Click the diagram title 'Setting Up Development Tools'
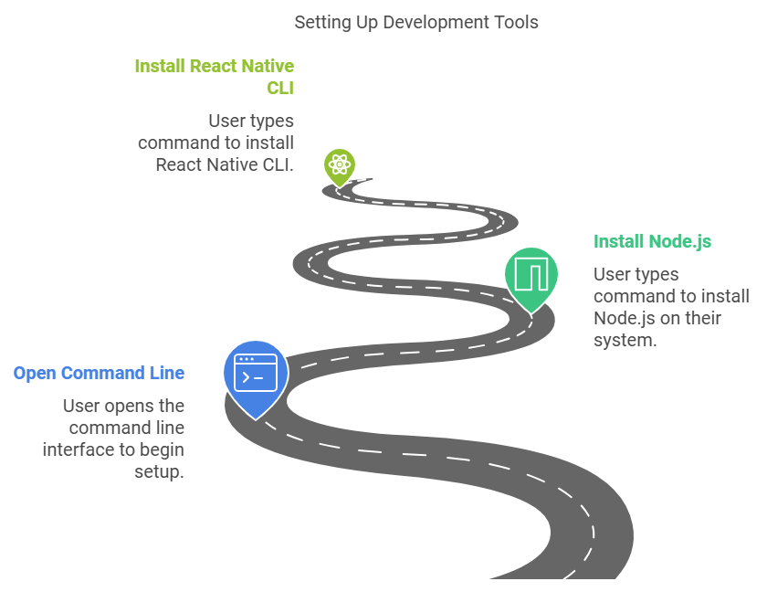pos(415,22)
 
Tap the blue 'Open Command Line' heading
pos(99,373)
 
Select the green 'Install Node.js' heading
pos(652,241)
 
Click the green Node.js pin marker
pos(531,276)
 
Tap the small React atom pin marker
pos(339,167)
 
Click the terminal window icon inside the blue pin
pos(256,373)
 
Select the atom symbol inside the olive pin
pos(339,165)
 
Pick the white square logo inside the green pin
pos(531,273)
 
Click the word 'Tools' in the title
pos(517,22)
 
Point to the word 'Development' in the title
pos(437,22)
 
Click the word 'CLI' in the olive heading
pos(279,89)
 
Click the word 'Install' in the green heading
pos(618,241)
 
